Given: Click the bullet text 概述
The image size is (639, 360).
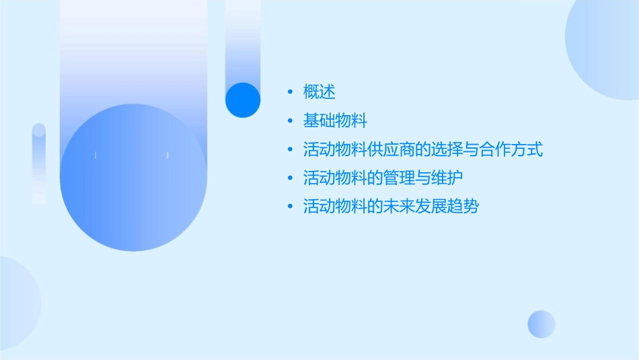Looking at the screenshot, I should [319, 92].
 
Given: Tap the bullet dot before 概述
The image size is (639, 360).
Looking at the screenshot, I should [289, 92].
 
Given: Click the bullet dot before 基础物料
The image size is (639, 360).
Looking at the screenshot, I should [289, 121].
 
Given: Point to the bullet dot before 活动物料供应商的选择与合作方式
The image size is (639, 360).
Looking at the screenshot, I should [289, 150].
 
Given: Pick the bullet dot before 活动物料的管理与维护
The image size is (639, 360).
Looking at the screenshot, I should [289, 178].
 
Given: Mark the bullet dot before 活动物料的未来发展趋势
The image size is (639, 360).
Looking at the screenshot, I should [289, 207].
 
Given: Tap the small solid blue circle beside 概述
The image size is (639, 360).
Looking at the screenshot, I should [242, 100].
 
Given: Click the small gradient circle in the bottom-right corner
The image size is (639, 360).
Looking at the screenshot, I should [541, 324].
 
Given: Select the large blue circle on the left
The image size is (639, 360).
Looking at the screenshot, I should [133, 178].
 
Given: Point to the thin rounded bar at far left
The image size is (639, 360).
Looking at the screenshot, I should [39, 164].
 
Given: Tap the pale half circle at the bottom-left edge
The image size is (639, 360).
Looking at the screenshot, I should [17, 303].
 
